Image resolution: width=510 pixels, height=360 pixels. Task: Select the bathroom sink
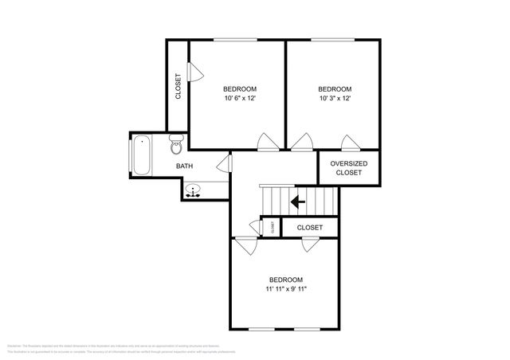click(194, 191)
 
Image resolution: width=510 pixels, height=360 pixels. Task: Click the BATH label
click(184, 166)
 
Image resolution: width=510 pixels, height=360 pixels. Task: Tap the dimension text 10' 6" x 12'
click(239, 99)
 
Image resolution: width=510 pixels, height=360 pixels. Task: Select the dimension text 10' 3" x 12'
click(335, 99)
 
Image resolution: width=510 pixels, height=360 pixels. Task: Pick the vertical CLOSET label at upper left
click(178, 87)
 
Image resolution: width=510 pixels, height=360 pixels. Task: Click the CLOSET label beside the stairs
click(310, 228)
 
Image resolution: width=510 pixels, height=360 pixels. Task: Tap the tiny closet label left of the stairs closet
click(272, 227)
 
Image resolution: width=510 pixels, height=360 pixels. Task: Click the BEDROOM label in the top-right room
click(335, 88)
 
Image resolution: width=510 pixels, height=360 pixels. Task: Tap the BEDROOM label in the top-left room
click(239, 88)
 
